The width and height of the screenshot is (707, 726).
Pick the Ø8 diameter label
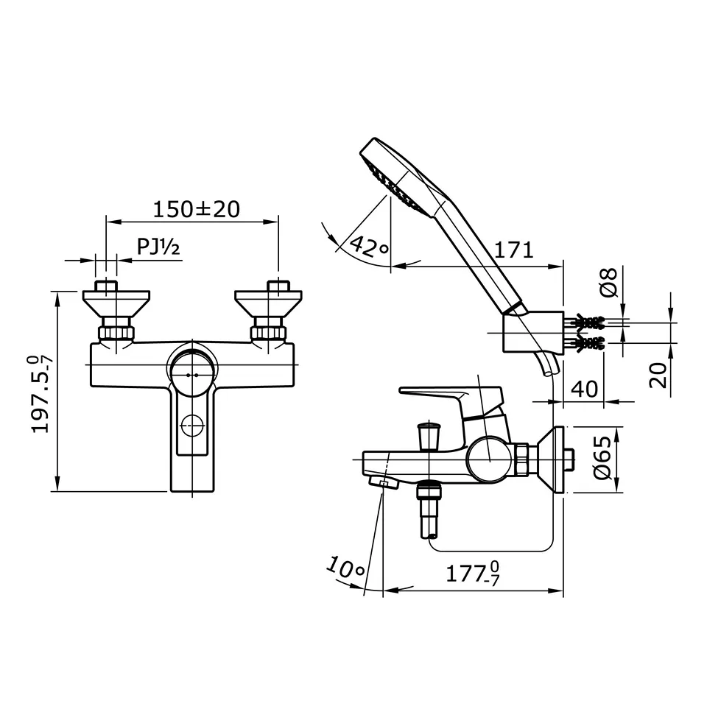(608, 282)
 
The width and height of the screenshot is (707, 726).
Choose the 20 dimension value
(659, 374)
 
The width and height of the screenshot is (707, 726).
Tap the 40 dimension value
(584, 388)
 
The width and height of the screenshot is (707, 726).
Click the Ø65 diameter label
(602, 458)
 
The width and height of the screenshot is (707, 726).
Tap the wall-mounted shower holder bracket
(532, 333)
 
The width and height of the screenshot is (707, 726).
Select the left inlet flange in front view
(116, 302)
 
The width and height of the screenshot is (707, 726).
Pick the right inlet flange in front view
(268, 302)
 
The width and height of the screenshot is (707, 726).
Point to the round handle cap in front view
(193, 374)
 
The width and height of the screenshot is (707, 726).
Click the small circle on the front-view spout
(192, 425)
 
